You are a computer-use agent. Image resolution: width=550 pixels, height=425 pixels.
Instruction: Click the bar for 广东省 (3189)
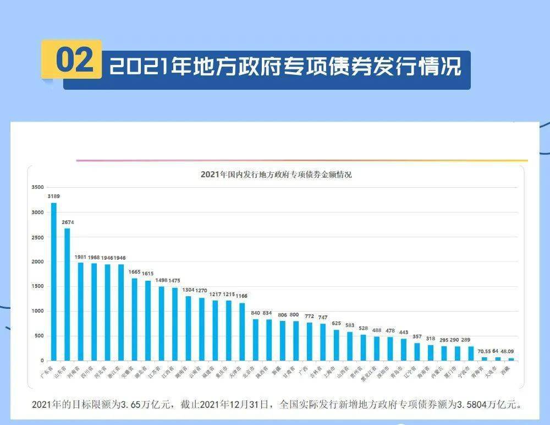[x=54, y=281]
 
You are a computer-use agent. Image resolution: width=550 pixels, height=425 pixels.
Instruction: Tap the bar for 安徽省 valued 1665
[x=134, y=319]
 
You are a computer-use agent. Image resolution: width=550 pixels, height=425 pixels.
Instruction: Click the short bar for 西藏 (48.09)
[x=511, y=359]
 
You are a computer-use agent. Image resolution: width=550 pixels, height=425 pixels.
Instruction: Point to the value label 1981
[x=81, y=257]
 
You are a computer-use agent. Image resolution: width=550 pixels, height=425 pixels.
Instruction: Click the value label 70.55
[x=484, y=351]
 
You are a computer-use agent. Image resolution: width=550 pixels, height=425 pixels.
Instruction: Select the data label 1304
[x=188, y=290]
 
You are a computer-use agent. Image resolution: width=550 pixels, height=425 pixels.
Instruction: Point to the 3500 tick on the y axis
[x=37, y=187]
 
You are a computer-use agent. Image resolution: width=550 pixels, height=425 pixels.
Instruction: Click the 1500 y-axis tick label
[x=37, y=286]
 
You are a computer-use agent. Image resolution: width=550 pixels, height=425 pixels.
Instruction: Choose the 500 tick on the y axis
[x=38, y=336]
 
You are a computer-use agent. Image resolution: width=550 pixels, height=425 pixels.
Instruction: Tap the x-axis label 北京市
[x=255, y=370]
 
